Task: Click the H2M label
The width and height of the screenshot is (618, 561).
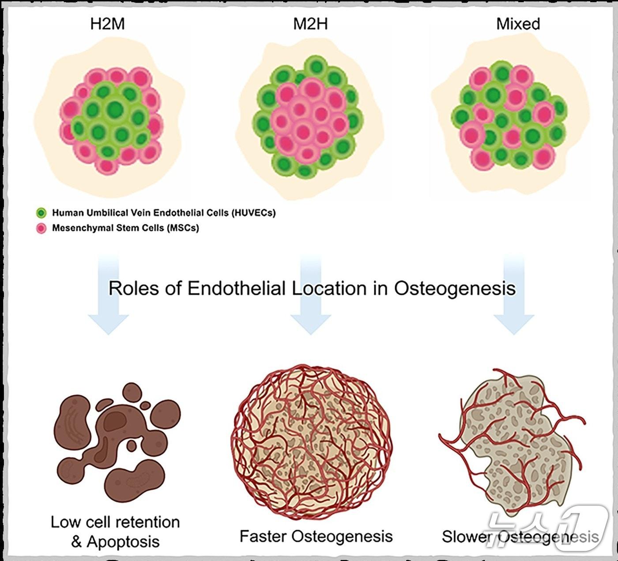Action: [x=107, y=24]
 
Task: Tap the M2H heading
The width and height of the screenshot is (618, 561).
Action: [x=310, y=24]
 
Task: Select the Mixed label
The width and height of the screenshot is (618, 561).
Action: [x=518, y=24]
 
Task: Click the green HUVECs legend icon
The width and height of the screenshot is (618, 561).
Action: [x=41, y=213]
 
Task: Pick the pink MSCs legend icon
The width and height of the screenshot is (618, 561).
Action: [x=41, y=228]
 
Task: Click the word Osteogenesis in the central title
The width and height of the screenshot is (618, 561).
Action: [x=455, y=289]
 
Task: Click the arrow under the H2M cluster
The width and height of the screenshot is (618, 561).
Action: [x=108, y=300]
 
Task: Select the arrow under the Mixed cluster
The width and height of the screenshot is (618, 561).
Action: [x=514, y=300]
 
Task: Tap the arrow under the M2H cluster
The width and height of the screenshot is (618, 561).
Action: [x=311, y=300]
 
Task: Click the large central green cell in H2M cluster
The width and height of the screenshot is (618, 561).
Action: [x=115, y=108]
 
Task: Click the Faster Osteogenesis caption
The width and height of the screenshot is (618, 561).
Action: [x=316, y=536]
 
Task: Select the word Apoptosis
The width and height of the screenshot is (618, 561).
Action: [x=123, y=542]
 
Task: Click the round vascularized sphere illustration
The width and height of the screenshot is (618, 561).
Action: [x=311, y=441]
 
